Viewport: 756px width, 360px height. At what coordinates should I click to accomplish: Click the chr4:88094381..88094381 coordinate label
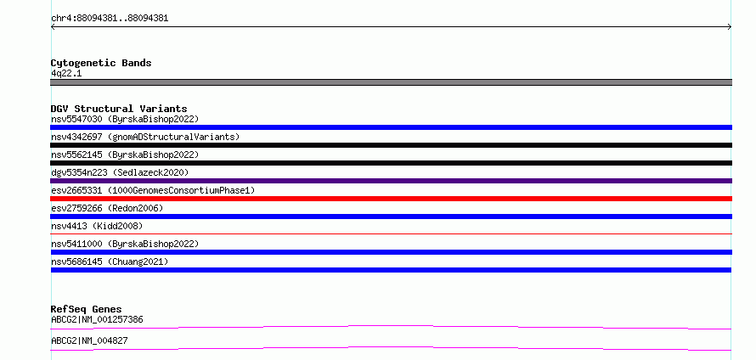110,19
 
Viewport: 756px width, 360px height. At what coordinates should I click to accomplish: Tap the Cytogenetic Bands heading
101,63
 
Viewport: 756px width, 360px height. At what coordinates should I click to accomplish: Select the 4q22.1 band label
66,74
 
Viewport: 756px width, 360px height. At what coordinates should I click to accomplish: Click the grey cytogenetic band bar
391,82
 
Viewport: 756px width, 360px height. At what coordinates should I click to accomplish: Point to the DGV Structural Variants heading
119,109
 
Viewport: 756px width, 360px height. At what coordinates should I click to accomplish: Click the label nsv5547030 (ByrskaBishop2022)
125,119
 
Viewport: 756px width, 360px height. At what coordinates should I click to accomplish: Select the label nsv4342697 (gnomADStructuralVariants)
145,137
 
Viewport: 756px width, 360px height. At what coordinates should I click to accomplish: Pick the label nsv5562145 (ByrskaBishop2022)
125,155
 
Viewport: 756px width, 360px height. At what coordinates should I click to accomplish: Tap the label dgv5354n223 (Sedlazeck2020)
120,172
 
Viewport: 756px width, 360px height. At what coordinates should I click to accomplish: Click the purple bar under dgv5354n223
391,181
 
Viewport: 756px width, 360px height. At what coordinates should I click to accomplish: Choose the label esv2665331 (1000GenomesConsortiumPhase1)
153,190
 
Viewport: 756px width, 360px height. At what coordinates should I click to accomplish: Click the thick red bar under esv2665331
391,199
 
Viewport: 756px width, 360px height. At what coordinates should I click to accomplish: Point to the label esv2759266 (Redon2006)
107,208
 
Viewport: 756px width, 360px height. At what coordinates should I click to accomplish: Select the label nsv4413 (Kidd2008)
97,226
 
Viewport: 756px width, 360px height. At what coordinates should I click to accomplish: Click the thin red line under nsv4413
391,233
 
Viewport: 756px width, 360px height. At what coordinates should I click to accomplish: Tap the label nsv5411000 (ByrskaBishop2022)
125,244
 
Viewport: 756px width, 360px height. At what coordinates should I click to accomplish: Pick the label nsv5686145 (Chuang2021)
110,262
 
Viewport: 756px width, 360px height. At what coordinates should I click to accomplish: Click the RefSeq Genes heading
87,309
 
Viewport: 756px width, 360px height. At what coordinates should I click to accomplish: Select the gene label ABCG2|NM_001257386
97,319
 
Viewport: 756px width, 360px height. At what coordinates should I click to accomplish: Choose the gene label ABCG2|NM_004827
89,340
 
